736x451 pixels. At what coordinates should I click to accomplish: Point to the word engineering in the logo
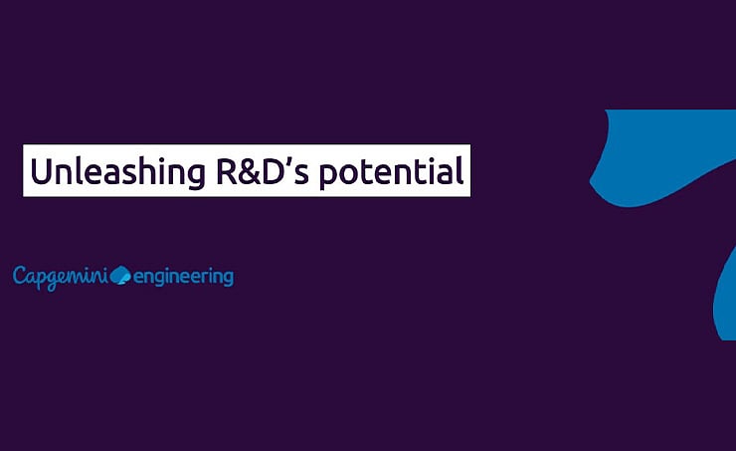[x=183, y=276]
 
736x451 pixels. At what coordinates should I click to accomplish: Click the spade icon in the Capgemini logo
[x=119, y=274]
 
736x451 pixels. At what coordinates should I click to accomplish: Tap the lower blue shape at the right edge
[x=727, y=299]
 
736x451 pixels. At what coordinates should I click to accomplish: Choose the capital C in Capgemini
[x=20, y=275]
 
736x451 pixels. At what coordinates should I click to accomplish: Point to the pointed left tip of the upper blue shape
[x=592, y=184]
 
